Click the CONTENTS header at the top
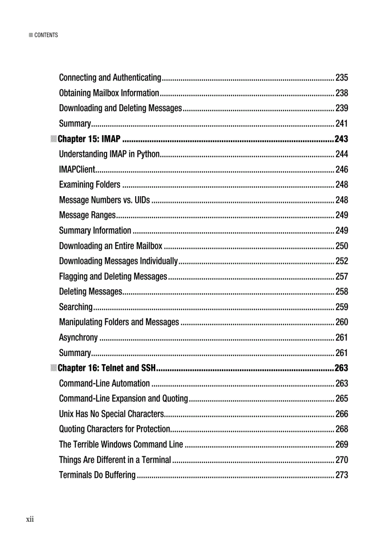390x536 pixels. (x=46, y=35)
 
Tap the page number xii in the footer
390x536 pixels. (x=30, y=519)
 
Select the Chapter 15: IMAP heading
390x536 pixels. (x=89, y=139)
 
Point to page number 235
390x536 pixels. (x=342, y=77)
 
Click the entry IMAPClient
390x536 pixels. (x=77, y=169)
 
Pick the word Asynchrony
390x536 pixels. (x=78, y=337)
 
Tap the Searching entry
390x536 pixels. (x=76, y=307)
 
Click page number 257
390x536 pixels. (x=342, y=276)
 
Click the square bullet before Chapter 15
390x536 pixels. (x=54, y=139)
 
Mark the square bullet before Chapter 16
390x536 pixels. (x=54, y=368)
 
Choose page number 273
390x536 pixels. (x=342, y=475)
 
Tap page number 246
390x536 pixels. (x=342, y=169)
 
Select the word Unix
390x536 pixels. (x=66, y=414)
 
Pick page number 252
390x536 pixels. (x=342, y=261)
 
